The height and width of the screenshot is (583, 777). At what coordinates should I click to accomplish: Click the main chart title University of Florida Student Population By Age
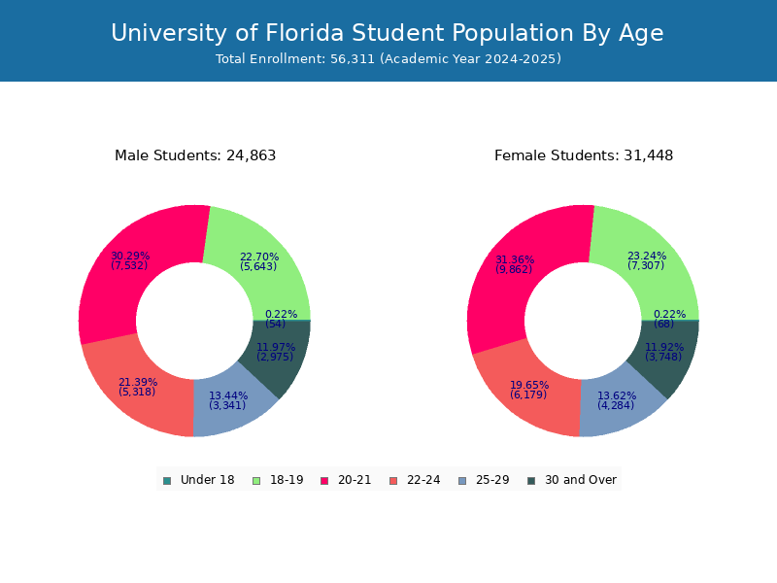(x=388, y=34)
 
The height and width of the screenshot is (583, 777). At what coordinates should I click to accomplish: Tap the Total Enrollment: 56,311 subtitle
(x=388, y=59)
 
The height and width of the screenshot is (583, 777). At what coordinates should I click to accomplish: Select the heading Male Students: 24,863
(x=195, y=155)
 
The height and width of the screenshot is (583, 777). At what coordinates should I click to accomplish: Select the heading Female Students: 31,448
(x=584, y=155)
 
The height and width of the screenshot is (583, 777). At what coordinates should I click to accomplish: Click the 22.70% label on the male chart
(x=259, y=257)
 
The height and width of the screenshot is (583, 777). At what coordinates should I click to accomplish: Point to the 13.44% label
(x=228, y=395)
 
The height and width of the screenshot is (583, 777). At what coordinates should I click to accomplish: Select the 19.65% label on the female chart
(x=529, y=385)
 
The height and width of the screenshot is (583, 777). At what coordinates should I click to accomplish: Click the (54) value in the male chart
(x=276, y=325)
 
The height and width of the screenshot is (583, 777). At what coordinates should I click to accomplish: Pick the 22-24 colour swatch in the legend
(x=392, y=481)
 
